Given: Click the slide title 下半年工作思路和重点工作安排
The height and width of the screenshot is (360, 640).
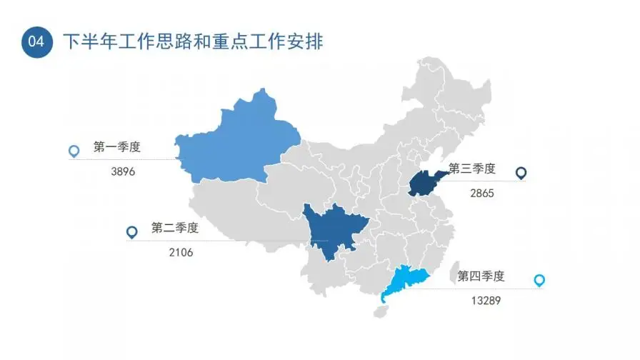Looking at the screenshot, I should pyautogui.click(x=194, y=42).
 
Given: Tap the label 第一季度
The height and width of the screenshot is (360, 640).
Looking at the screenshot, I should pyautogui.click(x=116, y=148).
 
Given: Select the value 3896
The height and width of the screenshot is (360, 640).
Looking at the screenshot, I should pyautogui.click(x=124, y=171).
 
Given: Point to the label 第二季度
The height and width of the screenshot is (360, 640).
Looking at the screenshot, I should pyautogui.click(x=174, y=228).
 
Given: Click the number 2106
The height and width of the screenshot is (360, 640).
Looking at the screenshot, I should pyautogui.click(x=181, y=251).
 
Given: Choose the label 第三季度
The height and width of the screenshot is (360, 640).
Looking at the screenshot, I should pyautogui.click(x=471, y=169).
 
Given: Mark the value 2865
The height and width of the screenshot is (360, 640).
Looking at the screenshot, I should pyautogui.click(x=482, y=193).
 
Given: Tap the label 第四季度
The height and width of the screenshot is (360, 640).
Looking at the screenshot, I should pyautogui.click(x=481, y=276).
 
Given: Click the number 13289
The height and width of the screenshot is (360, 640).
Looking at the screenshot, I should pyautogui.click(x=486, y=300).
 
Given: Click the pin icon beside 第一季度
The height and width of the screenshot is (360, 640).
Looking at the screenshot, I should pyautogui.click(x=73, y=151).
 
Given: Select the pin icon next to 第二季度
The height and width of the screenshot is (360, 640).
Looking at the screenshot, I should pyautogui.click(x=131, y=231).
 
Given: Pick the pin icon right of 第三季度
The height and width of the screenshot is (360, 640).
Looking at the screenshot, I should pyautogui.click(x=521, y=173).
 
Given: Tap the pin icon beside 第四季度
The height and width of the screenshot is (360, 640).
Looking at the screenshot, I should pyautogui.click(x=539, y=280).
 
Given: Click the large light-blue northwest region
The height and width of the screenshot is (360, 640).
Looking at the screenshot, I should pyautogui.click(x=236, y=143).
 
